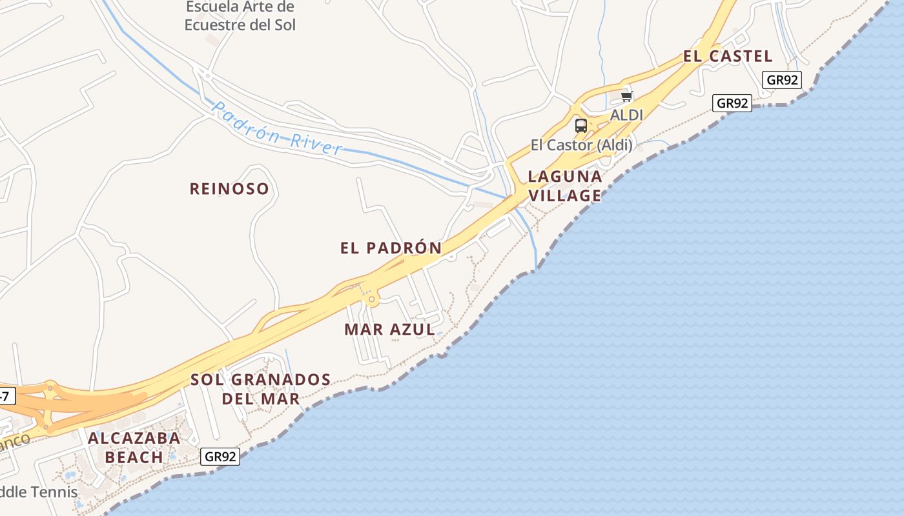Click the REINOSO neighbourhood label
pyautogui.click(x=229, y=189)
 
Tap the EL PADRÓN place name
pyautogui.click(x=391, y=248)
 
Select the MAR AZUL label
pyautogui.click(x=389, y=330)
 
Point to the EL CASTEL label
pyautogui.click(x=728, y=57)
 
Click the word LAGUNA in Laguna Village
pyautogui.click(x=565, y=177)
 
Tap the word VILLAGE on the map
pyautogui.click(x=565, y=195)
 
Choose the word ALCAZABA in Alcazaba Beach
pyautogui.click(x=134, y=439)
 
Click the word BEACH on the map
pyautogui.click(x=134, y=457)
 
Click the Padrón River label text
pyautogui.click(x=276, y=128)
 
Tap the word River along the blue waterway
pyautogui.click(x=316, y=142)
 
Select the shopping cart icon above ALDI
pyautogui.click(x=626, y=97)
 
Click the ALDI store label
pyautogui.click(x=626, y=115)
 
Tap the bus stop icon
pyautogui.click(x=581, y=125)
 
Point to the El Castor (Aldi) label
pyautogui.click(x=581, y=145)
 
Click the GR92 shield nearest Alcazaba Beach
pyautogui.click(x=220, y=457)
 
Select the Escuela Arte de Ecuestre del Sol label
pyautogui.click(x=240, y=16)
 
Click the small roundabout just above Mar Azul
pyautogui.click(x=371, y=299)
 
